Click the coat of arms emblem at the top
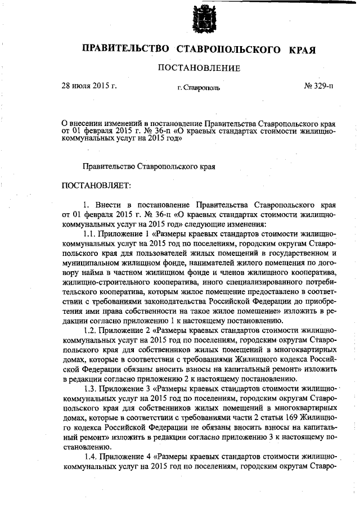202,17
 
